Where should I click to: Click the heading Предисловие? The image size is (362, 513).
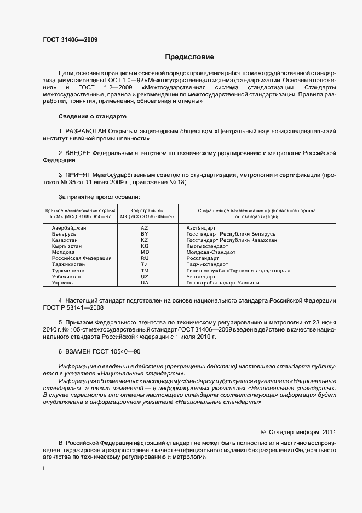[x=189, y=57]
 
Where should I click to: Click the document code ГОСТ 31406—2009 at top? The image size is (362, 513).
[x=70, y=39]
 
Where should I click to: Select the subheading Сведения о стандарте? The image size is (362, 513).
[x=92, y=117]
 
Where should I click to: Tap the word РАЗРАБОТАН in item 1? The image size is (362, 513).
[x=89, y=132]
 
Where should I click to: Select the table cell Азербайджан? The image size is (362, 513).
[x=68, y=227]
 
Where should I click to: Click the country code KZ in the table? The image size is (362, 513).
[x=145, y=240]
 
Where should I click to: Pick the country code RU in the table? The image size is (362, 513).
[x=145, y=258]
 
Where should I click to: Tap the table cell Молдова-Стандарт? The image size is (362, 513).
[x=211, y=252]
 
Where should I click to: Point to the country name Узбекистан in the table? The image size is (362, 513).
[x=66, y=277]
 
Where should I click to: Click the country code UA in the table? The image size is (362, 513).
[x=145, y=283]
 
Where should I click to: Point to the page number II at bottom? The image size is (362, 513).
[x=44, y=469]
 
